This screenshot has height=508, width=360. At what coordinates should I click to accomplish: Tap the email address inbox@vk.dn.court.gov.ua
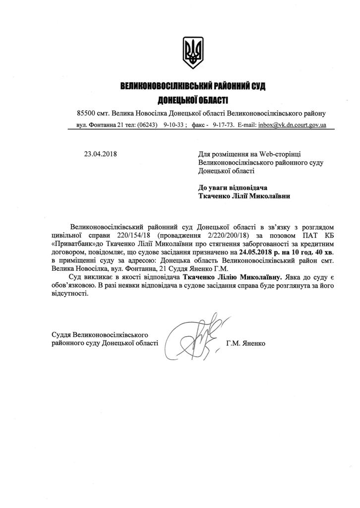point(292,125)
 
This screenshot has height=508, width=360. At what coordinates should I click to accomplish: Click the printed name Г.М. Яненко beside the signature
point(245,343)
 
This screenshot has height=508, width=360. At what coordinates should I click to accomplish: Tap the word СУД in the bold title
point(258,87)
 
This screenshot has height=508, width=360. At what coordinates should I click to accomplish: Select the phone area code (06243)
point(147,125)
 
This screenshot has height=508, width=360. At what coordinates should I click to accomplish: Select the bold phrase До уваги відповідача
point(233,188)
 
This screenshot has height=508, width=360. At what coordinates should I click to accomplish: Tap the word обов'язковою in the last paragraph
point(70,285)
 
